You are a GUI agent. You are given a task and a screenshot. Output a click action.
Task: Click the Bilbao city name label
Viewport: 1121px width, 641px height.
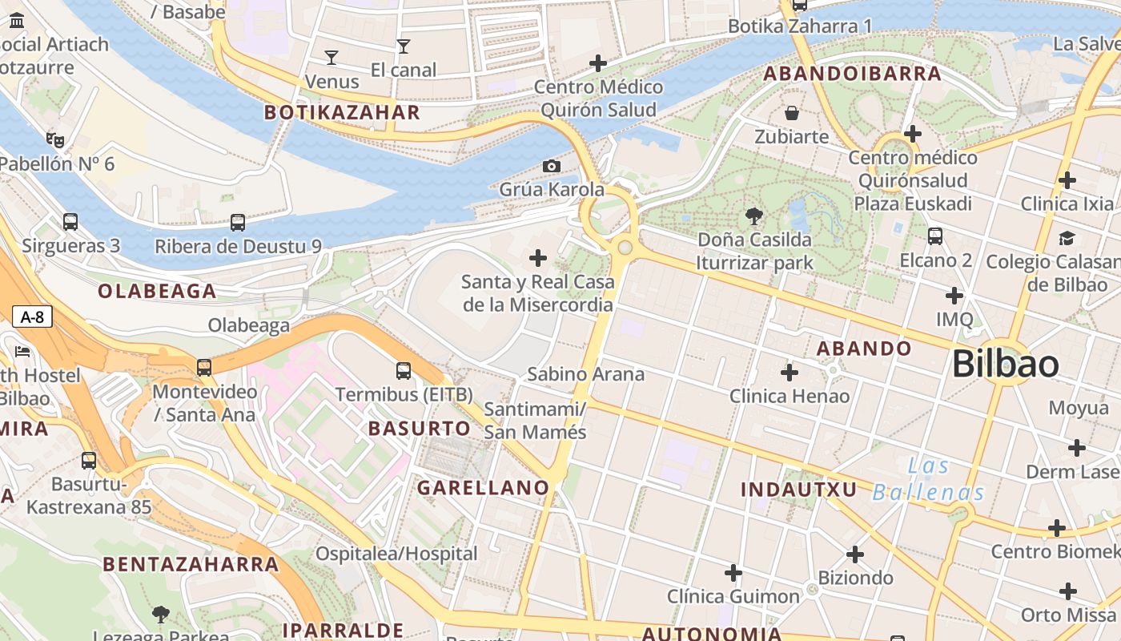[x=1005, y=365]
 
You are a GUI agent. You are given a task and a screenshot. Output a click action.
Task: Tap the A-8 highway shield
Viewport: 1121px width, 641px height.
[x=32, y=316]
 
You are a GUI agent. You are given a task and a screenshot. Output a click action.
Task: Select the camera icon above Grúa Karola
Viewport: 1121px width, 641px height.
[x=552, y=166]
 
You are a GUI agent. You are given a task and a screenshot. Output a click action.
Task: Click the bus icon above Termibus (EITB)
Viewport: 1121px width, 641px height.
[x=404, y=371]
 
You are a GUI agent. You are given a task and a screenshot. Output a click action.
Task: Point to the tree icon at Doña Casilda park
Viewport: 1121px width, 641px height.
[x=753, y=216]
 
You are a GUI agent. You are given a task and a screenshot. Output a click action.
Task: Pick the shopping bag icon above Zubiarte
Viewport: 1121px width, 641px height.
[x=792, y=113]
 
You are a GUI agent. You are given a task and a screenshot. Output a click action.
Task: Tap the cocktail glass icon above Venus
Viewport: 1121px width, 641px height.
[x=331, y=57]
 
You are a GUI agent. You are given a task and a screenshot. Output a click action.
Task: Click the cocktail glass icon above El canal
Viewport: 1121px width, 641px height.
[x=403, y=46]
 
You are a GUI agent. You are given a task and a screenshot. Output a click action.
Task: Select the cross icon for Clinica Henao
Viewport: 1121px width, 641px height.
[x=790, y=373]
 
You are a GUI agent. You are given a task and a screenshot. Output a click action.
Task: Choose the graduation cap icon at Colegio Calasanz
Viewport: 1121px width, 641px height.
[x=1067, y=238]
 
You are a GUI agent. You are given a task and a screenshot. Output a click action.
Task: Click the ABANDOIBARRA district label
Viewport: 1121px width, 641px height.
[x=852, y=74]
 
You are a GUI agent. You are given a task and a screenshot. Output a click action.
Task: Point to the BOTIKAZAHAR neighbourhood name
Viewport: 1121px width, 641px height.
[x=342, y=112]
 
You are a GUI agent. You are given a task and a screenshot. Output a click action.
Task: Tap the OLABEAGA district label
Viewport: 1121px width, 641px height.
[x=157, y=291]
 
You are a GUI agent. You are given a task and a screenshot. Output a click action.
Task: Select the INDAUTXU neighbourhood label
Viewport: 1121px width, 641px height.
[x=798, y=490]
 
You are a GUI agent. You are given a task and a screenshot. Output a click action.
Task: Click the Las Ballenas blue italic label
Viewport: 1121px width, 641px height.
[x=929, y=478]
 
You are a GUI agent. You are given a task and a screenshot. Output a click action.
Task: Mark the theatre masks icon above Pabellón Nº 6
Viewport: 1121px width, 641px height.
[x=55, y=140]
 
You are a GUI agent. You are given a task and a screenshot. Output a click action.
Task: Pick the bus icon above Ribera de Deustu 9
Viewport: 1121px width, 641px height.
[x=238, y=223]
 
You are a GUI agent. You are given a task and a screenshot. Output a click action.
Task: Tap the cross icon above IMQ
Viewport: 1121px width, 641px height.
[x=954, y=296]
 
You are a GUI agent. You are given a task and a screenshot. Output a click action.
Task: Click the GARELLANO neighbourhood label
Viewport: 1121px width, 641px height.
[x=483, y=487]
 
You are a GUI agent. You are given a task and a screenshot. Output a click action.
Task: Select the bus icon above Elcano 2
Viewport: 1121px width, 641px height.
[x=935, y=236]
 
